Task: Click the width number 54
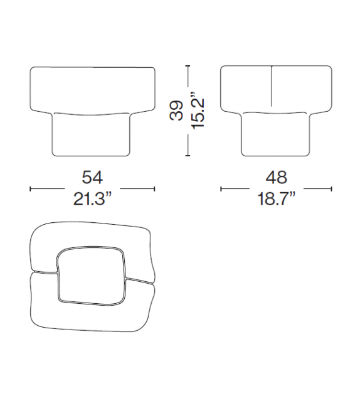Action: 92,176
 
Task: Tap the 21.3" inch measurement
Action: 92,200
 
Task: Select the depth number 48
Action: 277,176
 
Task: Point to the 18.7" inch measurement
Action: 277,200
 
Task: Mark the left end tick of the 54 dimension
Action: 31,188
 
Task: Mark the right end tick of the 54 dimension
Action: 154,188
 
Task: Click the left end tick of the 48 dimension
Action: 220,188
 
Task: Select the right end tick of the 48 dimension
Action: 332,188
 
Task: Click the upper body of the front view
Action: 92,88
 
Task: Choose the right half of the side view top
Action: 300,88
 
